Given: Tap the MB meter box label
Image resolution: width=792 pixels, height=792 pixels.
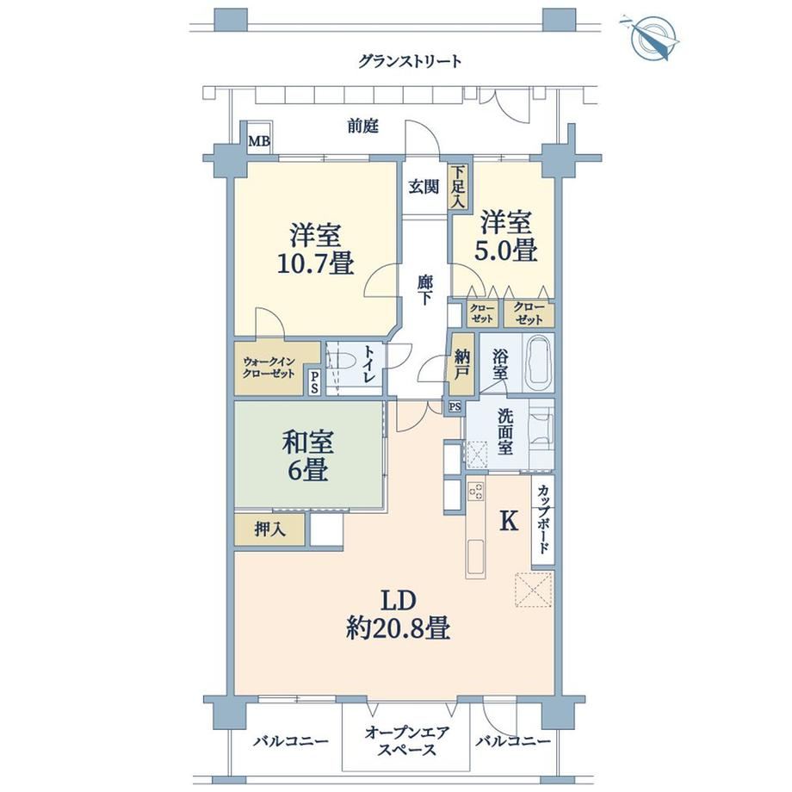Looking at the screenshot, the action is tap(258, 141).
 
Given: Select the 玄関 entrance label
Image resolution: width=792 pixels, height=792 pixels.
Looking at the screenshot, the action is tap(424, 187).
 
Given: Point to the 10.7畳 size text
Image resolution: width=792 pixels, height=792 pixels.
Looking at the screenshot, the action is tap(315, 263).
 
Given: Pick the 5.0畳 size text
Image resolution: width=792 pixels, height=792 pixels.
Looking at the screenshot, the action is tap(505, 250).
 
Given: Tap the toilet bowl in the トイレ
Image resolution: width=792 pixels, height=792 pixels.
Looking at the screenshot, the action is tap(343, 362).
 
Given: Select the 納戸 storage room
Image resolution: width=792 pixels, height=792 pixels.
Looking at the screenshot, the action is tap(462, 363).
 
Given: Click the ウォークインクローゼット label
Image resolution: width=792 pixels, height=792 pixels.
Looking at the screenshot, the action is tap(269, 368).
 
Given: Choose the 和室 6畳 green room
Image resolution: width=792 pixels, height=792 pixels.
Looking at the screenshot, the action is tap(307, 455).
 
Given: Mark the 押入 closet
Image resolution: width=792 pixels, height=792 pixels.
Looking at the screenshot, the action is tap(269, 529).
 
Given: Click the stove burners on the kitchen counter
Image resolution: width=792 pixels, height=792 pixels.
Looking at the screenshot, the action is tap(475, 491).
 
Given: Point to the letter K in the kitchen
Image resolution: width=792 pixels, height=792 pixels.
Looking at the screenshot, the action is tap(509, 520).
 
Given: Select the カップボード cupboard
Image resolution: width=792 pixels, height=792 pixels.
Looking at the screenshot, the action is tap(543, 519).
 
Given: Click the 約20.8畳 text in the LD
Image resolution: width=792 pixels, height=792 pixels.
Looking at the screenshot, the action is tap(398, 628).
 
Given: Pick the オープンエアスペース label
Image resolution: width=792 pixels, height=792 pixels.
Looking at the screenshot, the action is tap(406, 740).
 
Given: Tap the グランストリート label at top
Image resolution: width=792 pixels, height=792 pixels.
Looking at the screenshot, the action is tap(410, 62).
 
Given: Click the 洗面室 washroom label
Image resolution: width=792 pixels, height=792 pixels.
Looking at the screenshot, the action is tap(505, 432).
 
